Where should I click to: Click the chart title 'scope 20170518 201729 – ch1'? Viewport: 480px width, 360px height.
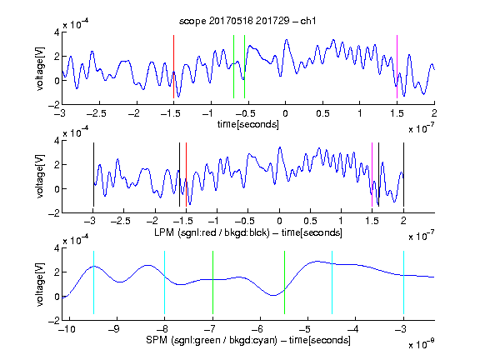click(x=247, y=21)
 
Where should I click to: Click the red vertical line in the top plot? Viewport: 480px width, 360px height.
click(x=173, y=67)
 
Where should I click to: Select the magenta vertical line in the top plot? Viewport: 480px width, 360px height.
click(x=397, y=67)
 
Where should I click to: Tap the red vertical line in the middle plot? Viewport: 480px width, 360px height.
click(x=186, y=174)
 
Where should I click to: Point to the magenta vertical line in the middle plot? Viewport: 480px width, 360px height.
click(x=372, y=174)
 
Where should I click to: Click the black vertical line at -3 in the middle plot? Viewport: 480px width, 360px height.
click(x=93, y=174)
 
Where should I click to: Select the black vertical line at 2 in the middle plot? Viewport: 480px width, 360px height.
click(x=403, y=174)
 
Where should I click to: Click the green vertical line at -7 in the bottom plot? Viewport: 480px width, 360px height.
click(x=212, y=282)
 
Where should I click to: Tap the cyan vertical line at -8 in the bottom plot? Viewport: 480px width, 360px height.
click(x=165, y=282)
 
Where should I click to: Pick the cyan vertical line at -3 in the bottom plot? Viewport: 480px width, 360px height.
click(x=403, y=282)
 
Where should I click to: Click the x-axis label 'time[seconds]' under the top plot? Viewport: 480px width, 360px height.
click(x=248, y=124)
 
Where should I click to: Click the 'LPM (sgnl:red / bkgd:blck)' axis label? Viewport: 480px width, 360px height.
click(x=212, y=232)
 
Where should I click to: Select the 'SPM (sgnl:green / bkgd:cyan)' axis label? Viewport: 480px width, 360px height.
click(x=212, y=340)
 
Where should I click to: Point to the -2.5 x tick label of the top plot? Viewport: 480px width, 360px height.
click(x=97, y=113)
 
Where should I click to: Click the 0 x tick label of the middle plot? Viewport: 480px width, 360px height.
click(x=279, y=221)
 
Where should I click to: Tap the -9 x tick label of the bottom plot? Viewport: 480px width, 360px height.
click(x=114, y=329)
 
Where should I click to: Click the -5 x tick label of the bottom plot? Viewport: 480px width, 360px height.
click(x=305, y=329)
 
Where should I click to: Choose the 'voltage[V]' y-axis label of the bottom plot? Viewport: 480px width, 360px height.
click(x=40, y=284)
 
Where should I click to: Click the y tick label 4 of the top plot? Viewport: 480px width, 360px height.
click(x=57, y=32)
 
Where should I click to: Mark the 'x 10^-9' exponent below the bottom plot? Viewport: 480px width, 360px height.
click(x=422, y=344)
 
